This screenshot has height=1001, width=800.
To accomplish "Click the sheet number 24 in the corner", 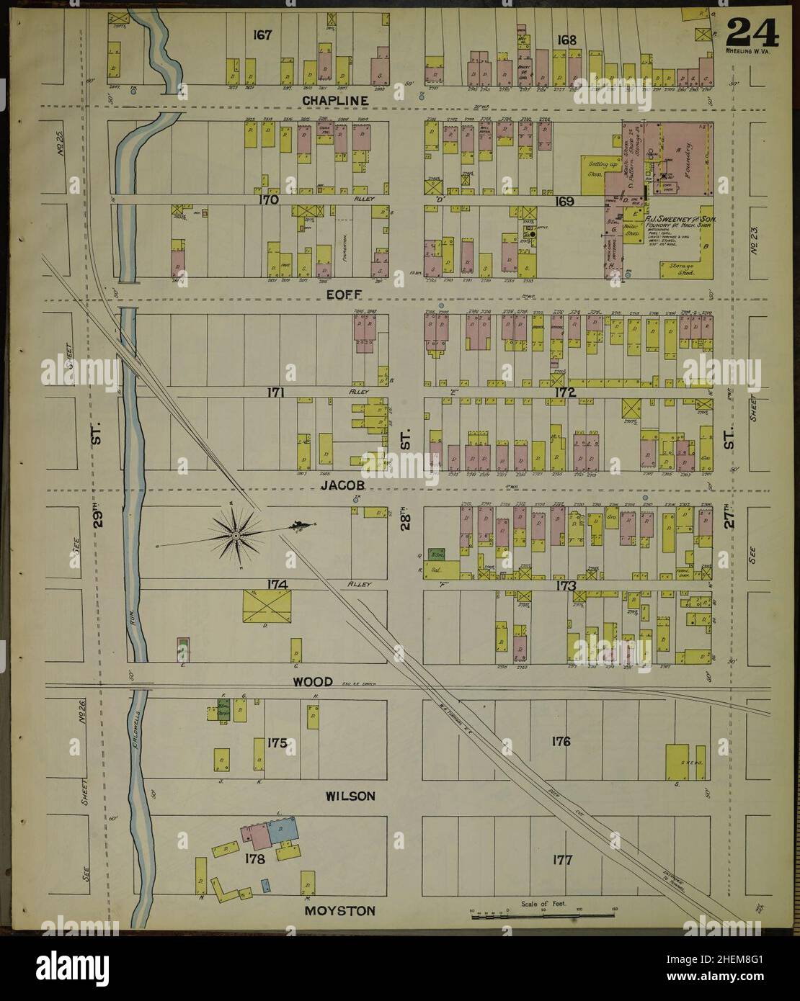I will [x=752, y=32].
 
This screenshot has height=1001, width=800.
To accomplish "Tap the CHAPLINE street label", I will [x=335, y=99].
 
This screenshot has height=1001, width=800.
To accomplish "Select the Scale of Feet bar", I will [x=543, y=914].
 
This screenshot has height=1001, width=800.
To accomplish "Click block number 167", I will [x=262, y=35].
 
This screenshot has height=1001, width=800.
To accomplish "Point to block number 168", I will [x=567, y=40].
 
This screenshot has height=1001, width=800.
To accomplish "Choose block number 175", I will [x=277, y=742].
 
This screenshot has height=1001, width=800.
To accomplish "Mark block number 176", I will [x=561, y=740].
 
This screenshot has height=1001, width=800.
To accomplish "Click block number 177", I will [x=561, y=859].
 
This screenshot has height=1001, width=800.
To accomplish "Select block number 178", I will [x=255, y=858].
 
